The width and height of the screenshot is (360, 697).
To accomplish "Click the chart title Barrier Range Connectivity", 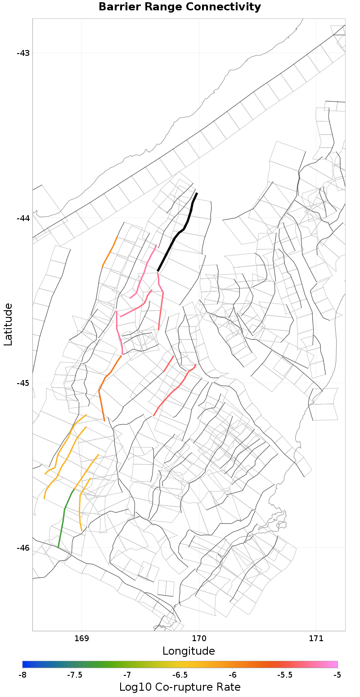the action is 180,7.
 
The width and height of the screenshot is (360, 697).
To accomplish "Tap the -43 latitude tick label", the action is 23,53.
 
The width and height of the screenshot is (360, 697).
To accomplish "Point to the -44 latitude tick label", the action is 23,218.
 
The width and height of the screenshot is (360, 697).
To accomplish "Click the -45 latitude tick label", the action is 23,383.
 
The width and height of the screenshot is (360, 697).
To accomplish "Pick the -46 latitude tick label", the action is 23,548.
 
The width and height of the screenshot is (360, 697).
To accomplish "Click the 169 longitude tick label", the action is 81,638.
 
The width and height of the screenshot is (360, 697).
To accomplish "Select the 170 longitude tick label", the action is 199,638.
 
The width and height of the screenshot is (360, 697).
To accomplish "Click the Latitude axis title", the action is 8,324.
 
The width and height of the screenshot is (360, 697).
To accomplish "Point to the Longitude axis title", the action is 189,651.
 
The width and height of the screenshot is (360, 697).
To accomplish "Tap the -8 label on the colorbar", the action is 22,675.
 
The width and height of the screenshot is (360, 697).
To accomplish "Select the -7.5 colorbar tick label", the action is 75,675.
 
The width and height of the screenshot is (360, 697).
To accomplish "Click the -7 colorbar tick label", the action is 127,675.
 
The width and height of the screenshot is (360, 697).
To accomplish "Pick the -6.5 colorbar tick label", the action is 180,675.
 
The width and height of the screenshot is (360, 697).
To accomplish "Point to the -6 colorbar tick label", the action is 233,675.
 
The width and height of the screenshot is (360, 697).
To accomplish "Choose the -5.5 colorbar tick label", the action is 285,675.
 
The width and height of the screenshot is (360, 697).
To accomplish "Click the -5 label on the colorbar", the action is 337,675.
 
